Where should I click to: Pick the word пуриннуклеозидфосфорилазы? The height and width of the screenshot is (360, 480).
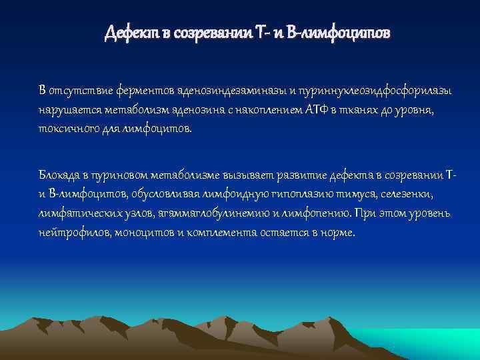tap(373, 90)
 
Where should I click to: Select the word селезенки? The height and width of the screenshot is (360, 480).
tap(407, 195)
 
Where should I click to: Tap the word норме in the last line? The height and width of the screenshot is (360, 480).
tap(337, 233)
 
